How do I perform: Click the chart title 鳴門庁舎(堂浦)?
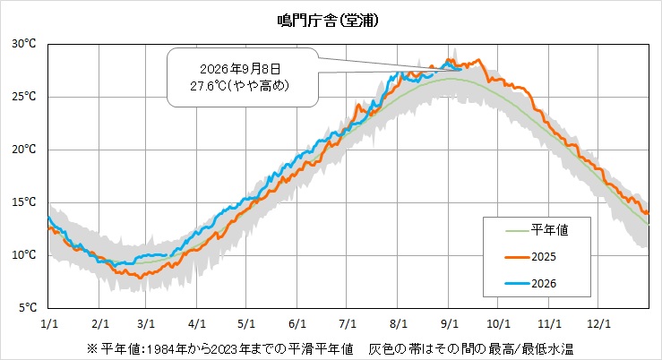point(328,21)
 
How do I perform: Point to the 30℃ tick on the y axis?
point(23,44)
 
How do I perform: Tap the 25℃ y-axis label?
point(23,97)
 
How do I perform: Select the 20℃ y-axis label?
point(23,150)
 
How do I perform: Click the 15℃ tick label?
point(23,202)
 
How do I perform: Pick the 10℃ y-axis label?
point(23,255)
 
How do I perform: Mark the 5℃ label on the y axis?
point(28,308)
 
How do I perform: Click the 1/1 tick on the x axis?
point(49,323)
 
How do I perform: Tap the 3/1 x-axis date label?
point(146,323)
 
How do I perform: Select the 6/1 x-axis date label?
point(297,323)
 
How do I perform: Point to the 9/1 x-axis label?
point(449,323)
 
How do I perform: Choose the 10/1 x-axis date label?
point(498,323)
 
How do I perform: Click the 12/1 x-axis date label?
point(598,323)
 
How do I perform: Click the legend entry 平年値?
point(550,230)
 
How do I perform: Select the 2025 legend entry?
point(544,257)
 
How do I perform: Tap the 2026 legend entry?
point(544,284)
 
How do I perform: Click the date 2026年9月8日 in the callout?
point(240,69)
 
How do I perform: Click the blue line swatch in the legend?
point(517,284)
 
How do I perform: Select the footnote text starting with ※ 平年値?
point(331,349)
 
